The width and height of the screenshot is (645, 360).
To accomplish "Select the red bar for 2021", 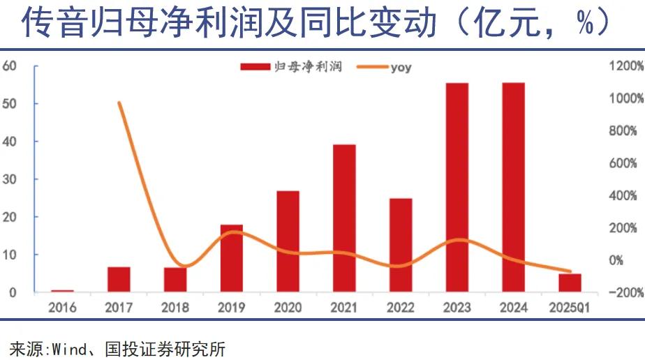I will pyautogui.click(x=344, y=218).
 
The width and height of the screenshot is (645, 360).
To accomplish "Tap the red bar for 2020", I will pyautogui.click(x=288, y=241).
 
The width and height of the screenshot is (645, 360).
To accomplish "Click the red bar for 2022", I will pyautogui.click(x=401, y=245).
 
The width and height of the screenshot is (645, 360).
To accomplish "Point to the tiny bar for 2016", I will pyautogui.click(x=62, y=290).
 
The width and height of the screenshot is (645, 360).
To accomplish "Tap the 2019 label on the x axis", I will pyautogui.click(x=231, y=307).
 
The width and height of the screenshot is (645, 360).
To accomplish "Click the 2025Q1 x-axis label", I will pyautogui.click(x=570, y=307).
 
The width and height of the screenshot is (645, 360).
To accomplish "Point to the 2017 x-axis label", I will pyautogui.click(x=119, y=307).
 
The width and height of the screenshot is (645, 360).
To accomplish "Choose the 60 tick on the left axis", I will pyautogui.click(x=10, y=66).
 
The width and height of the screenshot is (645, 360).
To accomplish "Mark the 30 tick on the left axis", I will pyautogui.click(x=10, y=179).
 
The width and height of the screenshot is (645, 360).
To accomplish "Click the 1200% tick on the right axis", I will pyautogui.click(x=625, y=66).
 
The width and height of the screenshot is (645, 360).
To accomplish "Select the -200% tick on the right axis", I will pyautogui.click(x=625, y=292).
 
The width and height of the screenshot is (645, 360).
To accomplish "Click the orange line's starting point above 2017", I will pyautogui.click(x=119, y=103).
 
